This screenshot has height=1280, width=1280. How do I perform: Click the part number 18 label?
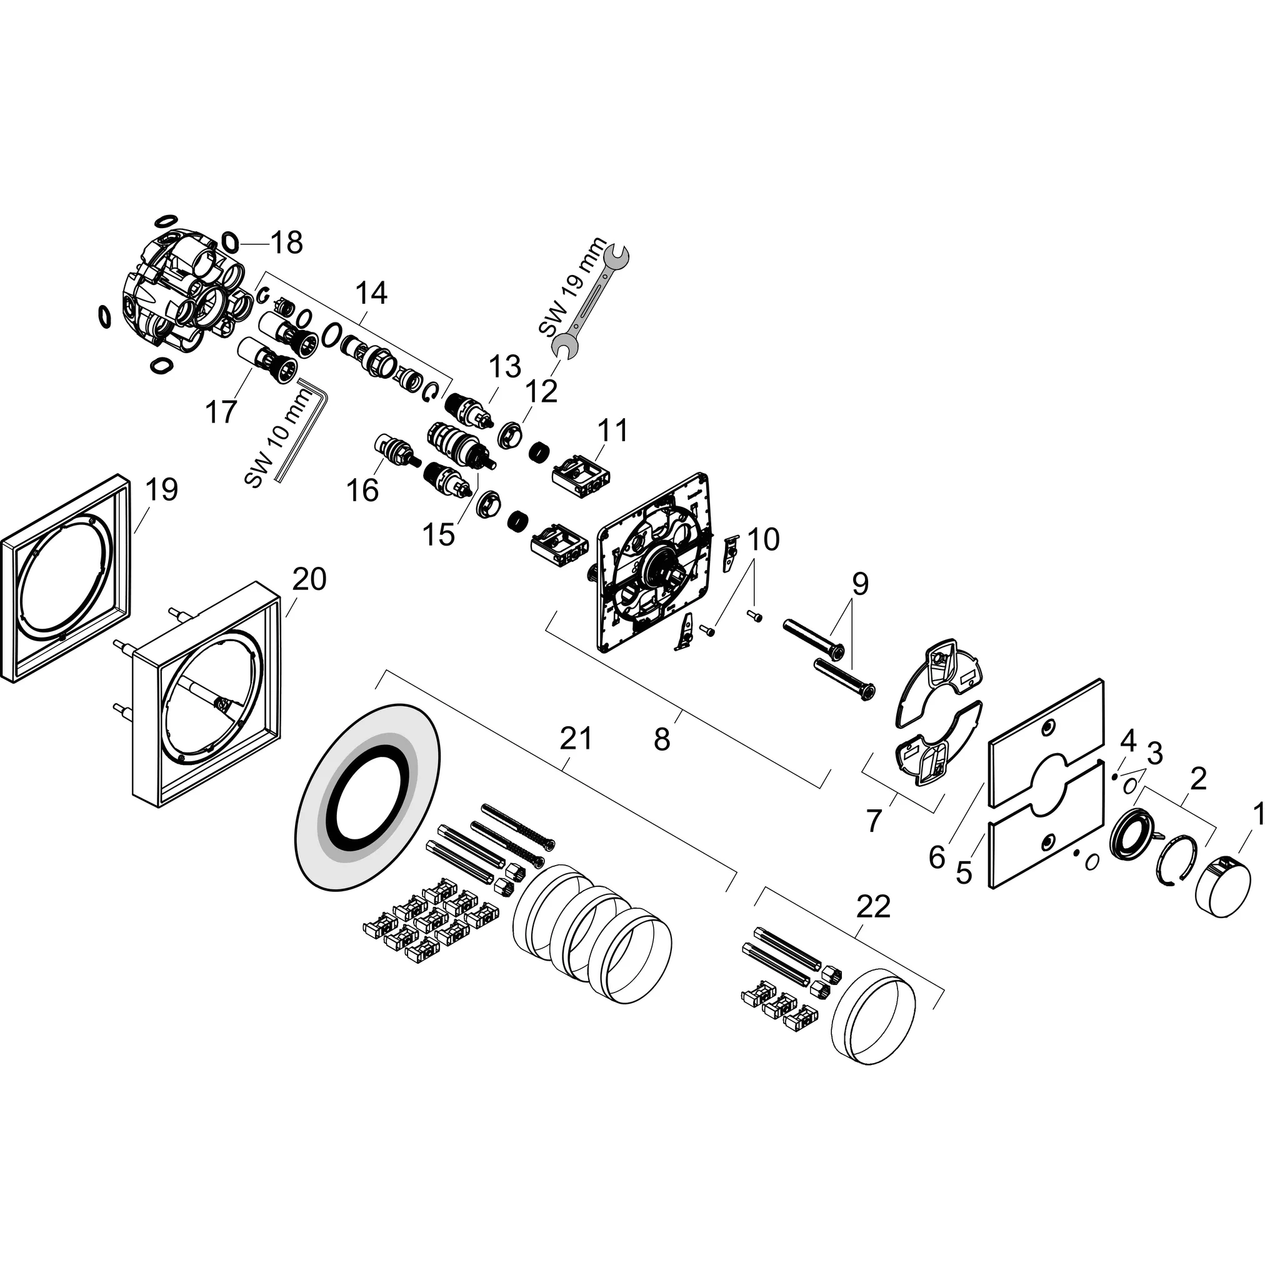coord(287,243)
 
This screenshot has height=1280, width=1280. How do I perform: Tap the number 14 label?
coord(371,293)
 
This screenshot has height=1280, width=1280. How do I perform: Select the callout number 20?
coord(309,580)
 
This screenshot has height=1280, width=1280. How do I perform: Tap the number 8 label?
coord(662,739)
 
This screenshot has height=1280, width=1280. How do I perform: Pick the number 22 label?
coord(873,907)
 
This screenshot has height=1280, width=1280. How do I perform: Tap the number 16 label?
coord(363,490)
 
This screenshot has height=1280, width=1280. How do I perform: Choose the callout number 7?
coord(874,821)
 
